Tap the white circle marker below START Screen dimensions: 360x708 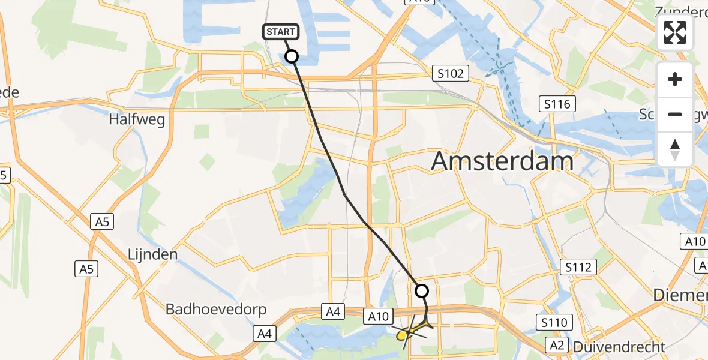tap(291, 57)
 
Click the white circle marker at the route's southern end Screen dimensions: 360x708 tap(422, 291)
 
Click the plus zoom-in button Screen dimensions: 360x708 tap(675, 79)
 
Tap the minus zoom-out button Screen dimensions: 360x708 tap(675, 114)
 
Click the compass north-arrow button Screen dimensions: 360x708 tap(675, 149)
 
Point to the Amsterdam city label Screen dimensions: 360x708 tap(502, 161)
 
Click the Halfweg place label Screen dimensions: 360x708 tap(137, 119)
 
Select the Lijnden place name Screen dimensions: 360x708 tap(152, 254)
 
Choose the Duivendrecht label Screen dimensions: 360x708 tap(619, 346)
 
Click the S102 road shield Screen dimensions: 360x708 tap(450, 74)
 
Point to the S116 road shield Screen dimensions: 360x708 tap(557, 104)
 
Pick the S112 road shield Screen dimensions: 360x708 tap(577, 267)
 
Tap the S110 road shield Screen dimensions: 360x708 tap(552, 323)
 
